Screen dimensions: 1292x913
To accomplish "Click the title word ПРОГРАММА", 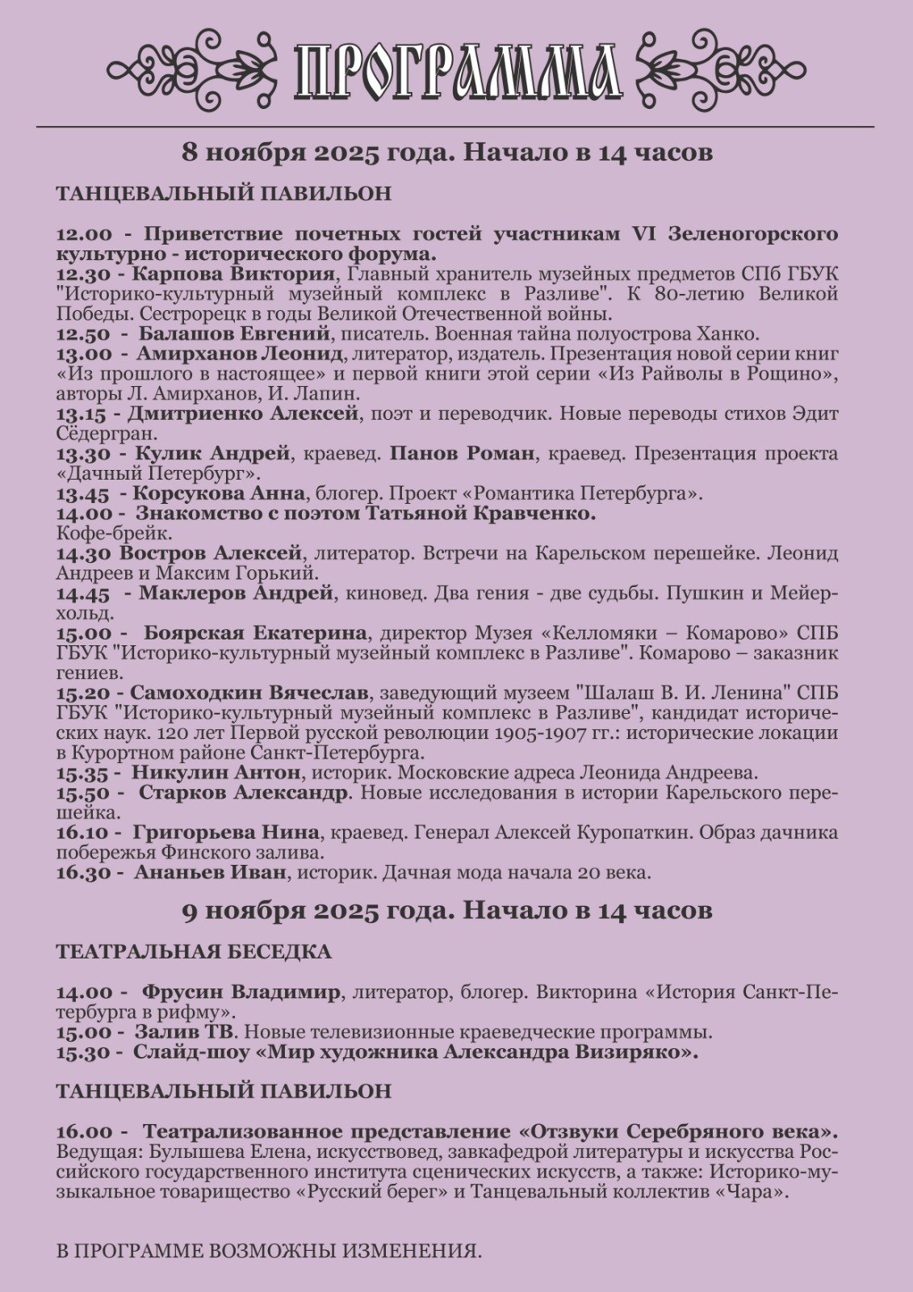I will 457,72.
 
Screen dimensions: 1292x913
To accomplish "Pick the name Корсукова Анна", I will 219,493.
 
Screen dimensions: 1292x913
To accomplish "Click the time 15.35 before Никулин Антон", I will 85,773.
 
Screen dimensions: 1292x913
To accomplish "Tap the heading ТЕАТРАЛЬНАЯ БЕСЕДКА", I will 194,952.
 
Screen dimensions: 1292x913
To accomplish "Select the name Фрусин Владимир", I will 241,992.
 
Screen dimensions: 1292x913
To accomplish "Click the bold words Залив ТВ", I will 184,1032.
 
